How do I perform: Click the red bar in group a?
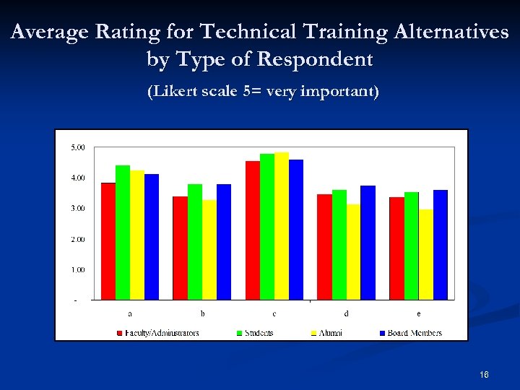click(x=108, y=241)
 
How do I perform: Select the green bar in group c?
click(x=267, y=227)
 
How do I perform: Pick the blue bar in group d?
click(x=368, y=243)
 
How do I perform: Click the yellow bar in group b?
click(x=209, y=250)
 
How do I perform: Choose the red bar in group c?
click(x=253, y=230)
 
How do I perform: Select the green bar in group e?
click(x=412, y=246)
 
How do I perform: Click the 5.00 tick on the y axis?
click(x=78, y=147)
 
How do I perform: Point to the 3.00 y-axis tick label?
click(x=78, y=208)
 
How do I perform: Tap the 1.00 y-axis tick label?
click(x=78, y=269)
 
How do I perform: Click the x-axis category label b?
click(x=202, y=313)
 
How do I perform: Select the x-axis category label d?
click(x=347, y=313)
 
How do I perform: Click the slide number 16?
click(x=484, y=375)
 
